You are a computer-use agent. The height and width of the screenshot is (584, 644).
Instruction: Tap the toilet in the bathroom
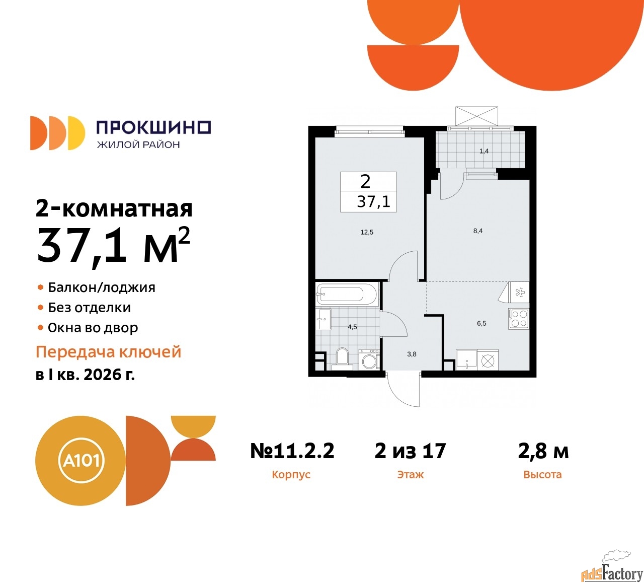point(343,359)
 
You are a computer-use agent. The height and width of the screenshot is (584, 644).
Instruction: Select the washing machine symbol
point(370,360)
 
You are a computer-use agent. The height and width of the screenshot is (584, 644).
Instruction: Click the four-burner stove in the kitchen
point(519,318)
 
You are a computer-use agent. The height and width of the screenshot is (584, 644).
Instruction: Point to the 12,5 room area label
point(367,232)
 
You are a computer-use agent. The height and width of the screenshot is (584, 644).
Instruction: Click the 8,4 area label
point(477,231)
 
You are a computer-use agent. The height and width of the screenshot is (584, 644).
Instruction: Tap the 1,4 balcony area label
point(484,151)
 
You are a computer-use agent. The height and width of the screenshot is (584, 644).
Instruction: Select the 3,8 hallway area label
point(412,354)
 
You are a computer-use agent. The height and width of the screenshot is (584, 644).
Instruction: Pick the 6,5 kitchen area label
point(481,323)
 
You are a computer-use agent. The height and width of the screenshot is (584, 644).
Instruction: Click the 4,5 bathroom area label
point(352,327)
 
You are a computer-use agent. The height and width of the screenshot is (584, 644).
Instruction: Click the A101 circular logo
point(80,461)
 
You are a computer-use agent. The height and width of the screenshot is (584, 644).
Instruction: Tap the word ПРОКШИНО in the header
point(153,127)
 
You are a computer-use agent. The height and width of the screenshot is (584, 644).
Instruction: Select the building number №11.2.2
point(292,451)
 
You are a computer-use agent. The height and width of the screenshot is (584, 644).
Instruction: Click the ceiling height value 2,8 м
point(543,451)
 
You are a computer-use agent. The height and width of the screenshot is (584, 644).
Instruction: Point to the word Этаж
point(410,474)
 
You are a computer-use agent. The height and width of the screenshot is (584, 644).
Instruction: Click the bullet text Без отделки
point(89,308)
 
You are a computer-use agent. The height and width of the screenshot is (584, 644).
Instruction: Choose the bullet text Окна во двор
point(93,328)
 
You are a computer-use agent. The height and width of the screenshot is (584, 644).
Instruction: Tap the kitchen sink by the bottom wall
point(466,360)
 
